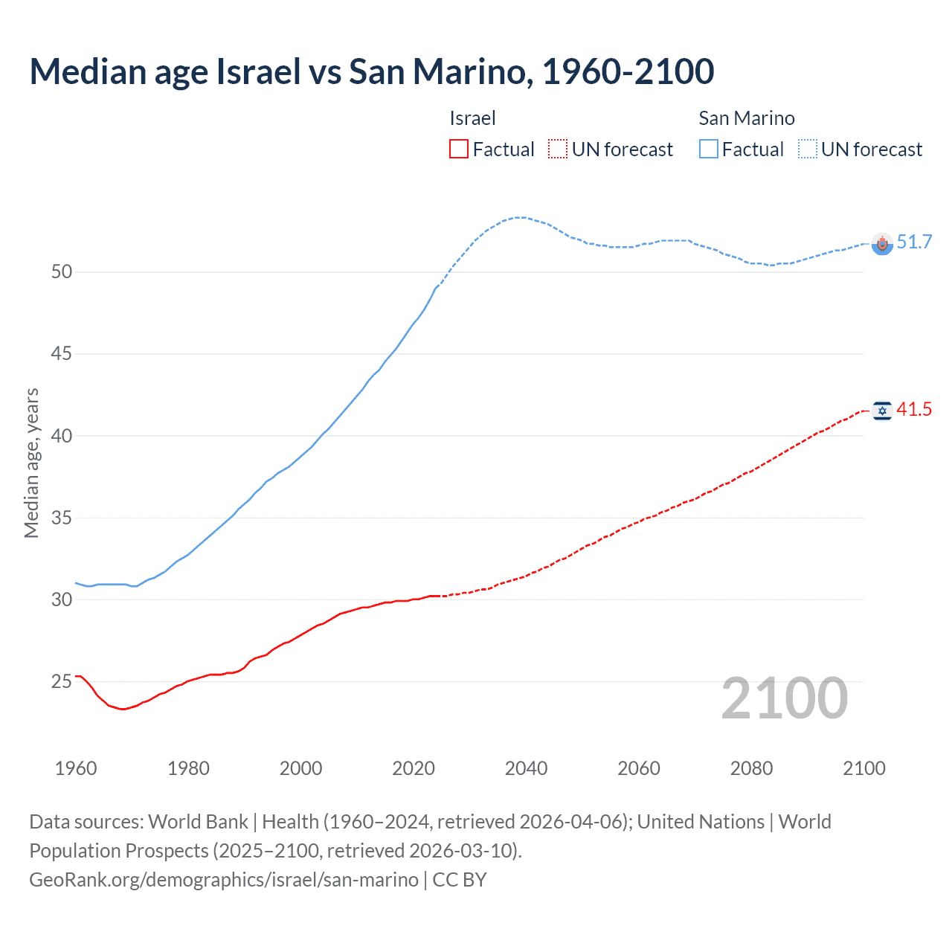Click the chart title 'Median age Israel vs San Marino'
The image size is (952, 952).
(372, 71)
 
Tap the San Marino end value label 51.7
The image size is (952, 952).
(914, 242)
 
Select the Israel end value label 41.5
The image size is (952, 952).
(914, 409)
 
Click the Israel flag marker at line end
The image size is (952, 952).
(882, 411)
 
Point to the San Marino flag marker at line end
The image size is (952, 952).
(882, 244)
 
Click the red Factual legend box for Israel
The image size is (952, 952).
(459, 149)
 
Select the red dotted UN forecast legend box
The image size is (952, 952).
(558, 149)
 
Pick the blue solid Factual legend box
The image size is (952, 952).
(708, 149)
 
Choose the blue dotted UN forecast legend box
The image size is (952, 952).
(807, 149)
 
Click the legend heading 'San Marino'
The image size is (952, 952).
(746, 118)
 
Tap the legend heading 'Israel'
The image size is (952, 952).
(472, 118)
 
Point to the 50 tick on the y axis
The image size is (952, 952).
(62, 271)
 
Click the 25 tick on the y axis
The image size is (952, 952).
(62, 681)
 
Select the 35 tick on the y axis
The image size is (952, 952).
(62, 518)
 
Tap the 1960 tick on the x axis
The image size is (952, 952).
(76, 768)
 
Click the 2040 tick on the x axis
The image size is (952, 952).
(526, 768)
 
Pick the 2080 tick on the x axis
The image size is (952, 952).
(751, 768)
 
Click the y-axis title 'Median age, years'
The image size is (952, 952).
(31, 463)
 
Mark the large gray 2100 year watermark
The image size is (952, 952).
(784, 698)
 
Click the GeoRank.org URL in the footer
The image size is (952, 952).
(223, 880)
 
